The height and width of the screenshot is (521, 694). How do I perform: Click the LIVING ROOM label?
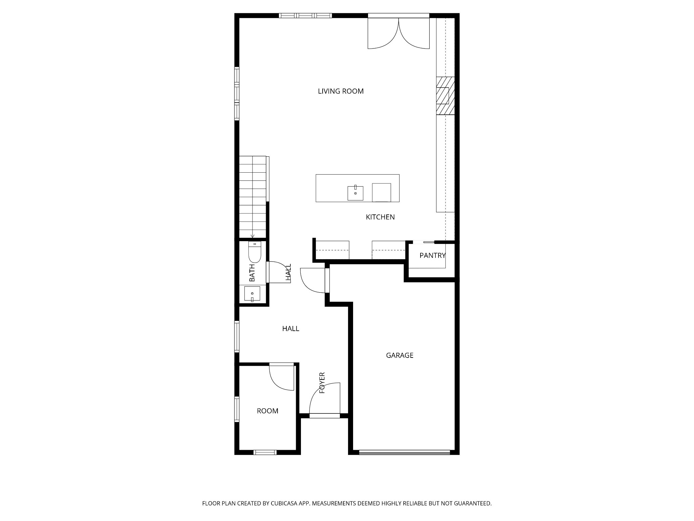(x=341, y=91)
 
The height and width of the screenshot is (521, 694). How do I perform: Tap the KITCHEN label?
(x=380, y=217)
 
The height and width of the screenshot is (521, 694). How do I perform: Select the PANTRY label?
(x=432, y=255)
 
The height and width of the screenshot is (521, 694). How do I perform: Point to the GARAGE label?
(x=400, y=355)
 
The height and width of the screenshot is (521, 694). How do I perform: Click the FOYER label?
(x=322, y=383)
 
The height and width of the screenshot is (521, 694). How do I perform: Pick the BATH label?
(x=252, y=273)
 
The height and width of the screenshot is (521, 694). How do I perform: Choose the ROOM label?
(x=267, y=411)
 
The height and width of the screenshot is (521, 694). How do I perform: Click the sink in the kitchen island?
(x=355, y=193)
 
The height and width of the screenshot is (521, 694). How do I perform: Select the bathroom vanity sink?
(x=252, y=294)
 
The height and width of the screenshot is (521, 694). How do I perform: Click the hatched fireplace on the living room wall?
(x=445, y=96)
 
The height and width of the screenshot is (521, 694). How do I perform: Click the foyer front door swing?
(x=325, y=398)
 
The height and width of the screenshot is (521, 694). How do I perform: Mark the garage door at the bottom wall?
(x=405, y=452)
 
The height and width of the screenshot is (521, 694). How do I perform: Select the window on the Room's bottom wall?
(x=265, y=452)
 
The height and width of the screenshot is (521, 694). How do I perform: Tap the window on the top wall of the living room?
(x=305, y=15)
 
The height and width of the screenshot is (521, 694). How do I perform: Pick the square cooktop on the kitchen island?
(x=381, y=193)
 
